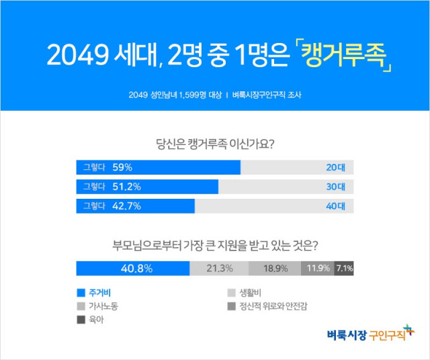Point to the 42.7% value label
point(126,206)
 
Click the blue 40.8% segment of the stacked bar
point(133,268)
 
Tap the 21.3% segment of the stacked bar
point(219,268)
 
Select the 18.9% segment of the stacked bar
point(274,268)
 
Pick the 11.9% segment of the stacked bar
point(317,268)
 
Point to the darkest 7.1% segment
point(344,268)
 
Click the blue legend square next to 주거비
point(81,293)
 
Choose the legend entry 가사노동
point(108,306)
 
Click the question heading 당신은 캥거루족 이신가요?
point(215,143)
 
